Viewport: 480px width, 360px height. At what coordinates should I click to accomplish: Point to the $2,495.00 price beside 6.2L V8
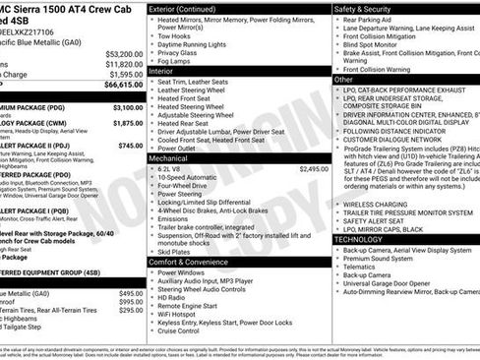313,169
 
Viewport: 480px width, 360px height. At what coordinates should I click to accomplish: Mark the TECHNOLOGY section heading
359,239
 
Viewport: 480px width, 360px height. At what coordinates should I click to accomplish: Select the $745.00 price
131,145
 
